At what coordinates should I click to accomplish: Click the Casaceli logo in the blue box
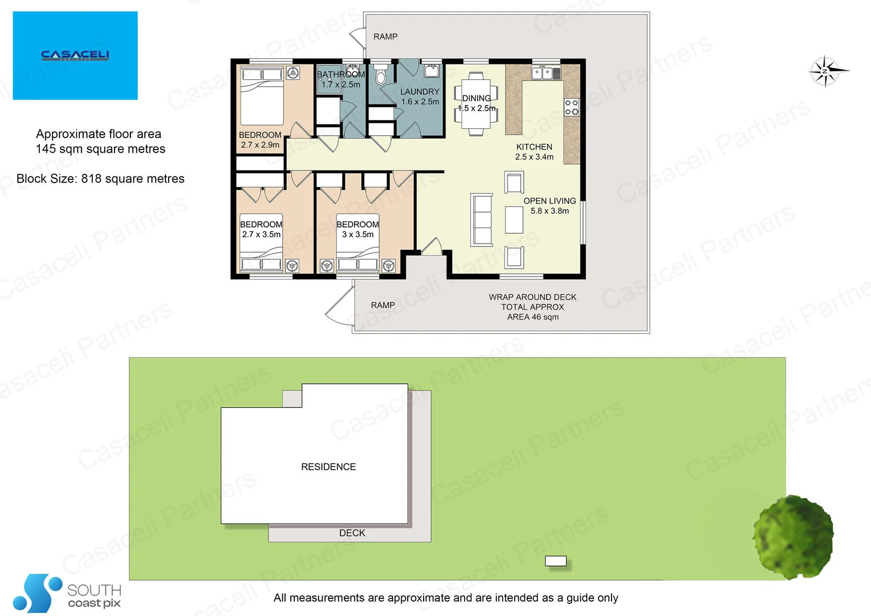pyautogui.click(x=75, y=55)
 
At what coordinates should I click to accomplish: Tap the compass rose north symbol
pyautogui.click(x=825, y=71)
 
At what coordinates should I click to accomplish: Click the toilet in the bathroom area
pyautogui.click(x=381, y=75)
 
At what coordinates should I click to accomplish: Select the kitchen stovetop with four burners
pyautogui.click(x=571, y=107)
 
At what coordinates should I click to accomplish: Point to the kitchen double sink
pyautogui.click(x=545, y=72)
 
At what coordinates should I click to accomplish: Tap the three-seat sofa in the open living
pyautogui.click(x=481, y=220)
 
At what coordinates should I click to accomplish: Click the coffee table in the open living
pyautogui.click(x=514, y=220)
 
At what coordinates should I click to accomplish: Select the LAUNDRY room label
pyautogui.click(x=420, y=91)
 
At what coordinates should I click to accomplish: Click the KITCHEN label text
pyautogui.click(x=534, y=147)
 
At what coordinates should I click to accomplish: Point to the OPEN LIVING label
pyautogui.click(x=550, y=201)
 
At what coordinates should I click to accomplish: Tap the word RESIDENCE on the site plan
pyautogui.click(x=328, y=467)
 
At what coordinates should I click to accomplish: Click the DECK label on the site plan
pyautogui.click(x=352, y=533)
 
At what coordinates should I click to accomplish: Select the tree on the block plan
pyautogui.click(x=793, y=536)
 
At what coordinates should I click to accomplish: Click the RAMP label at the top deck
pyautogui.click(x=385, y=37)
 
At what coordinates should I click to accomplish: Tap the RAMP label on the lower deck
pyautogui.click(x=382, y=305)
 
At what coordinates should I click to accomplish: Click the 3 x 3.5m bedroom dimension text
pyautogui.click(x=358, y=234)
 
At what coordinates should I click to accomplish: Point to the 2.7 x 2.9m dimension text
pyautogui.click(x=260, y=145)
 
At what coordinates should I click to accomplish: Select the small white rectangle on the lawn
pyautogui.click(x=555, y=561)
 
